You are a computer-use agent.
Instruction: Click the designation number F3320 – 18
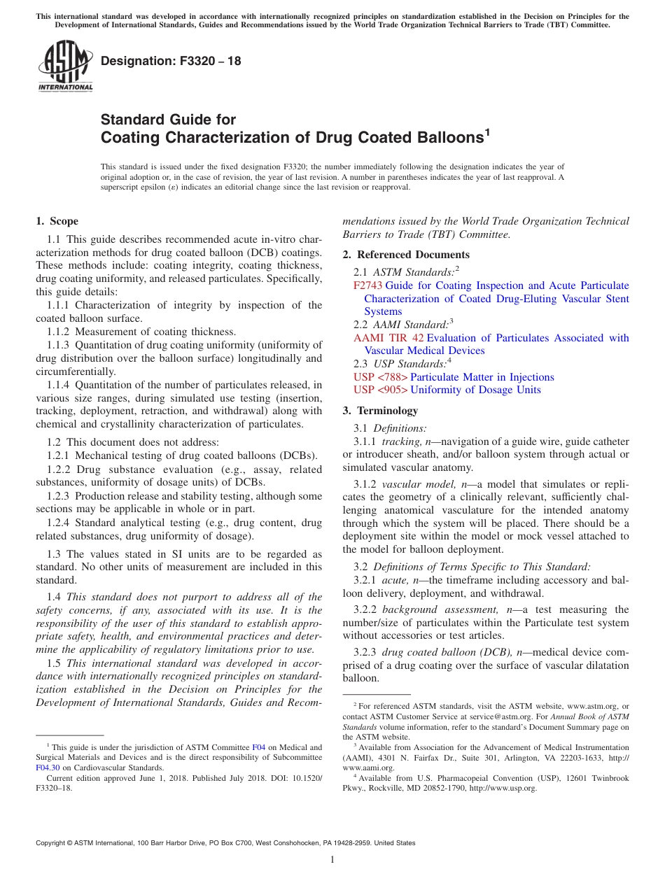coord(171,61)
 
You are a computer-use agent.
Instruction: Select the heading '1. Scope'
coord(57,221)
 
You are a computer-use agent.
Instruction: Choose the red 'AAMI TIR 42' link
coord(388,338)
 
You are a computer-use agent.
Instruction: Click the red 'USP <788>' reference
coord(380,377)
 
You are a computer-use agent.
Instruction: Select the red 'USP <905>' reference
coord(380,390)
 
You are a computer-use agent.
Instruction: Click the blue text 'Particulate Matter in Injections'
coord(482,377)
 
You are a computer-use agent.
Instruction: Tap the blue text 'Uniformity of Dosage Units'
coord(475,390)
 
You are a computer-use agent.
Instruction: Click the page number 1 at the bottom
coord(332,860)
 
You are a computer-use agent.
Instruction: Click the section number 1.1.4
coord(59,384)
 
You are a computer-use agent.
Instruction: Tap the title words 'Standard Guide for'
coord(169,120)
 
